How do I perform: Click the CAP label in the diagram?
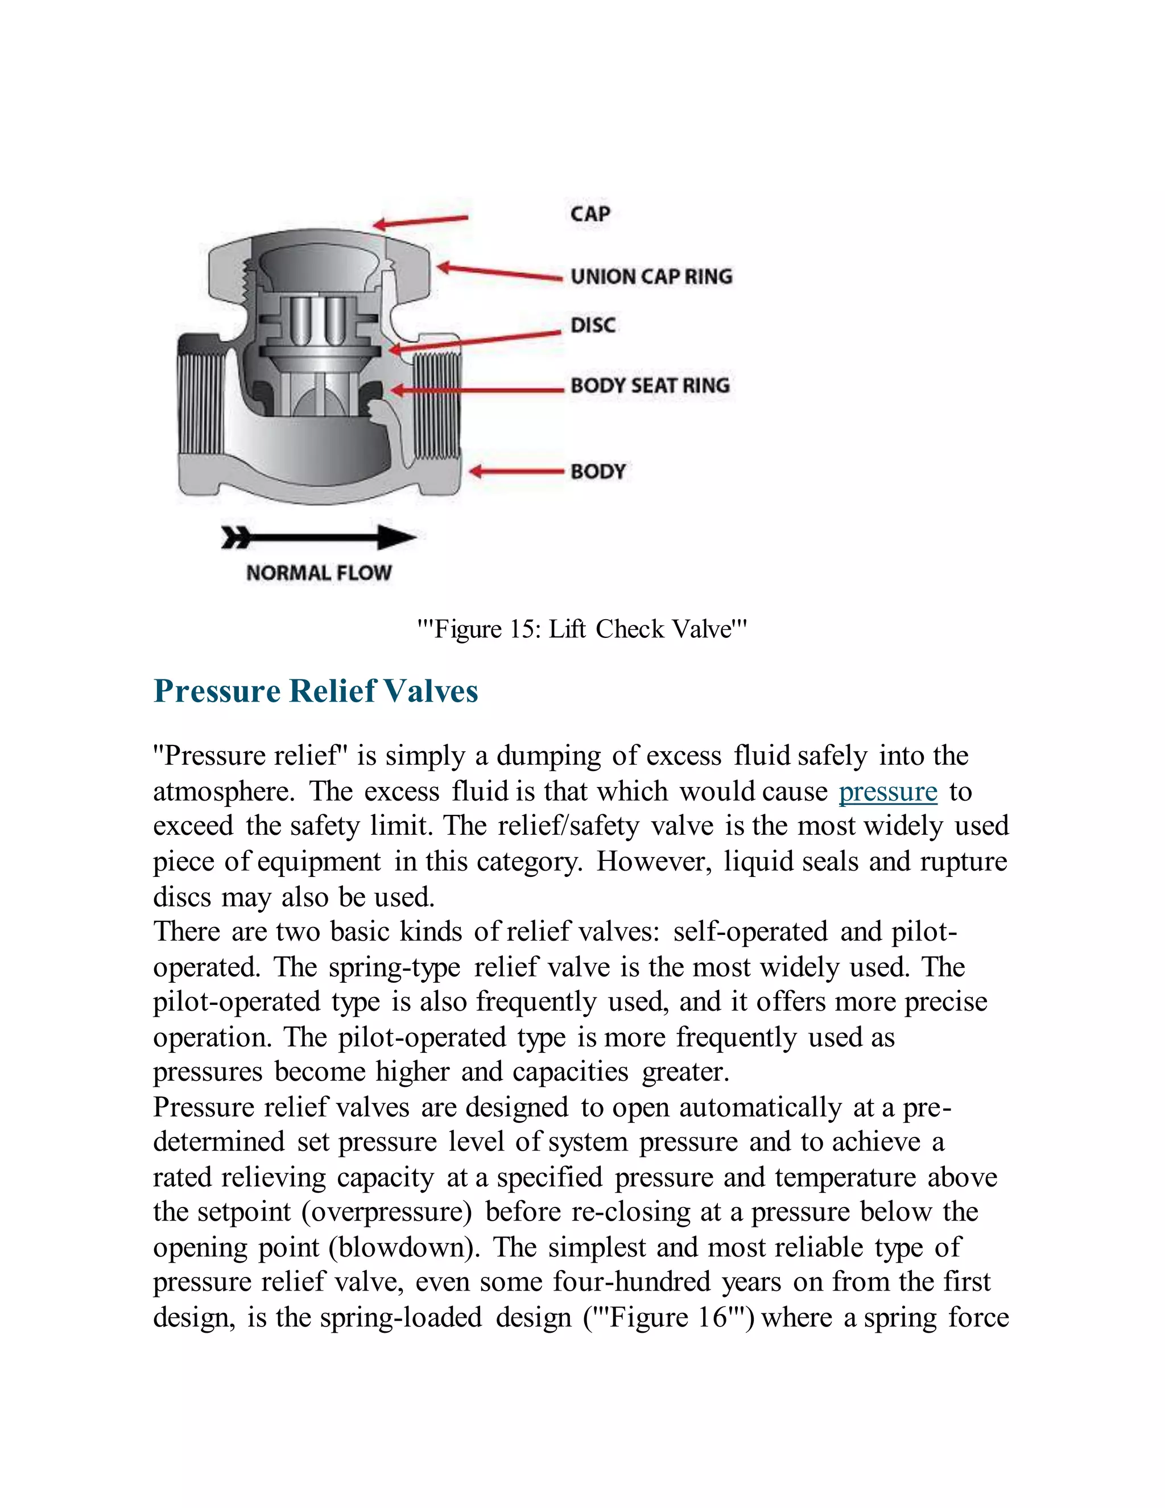(590, 213)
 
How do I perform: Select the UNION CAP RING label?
(651, 277)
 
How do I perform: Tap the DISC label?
(593, 325)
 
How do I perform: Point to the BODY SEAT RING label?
(650, 385)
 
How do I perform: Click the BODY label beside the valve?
(598, 472)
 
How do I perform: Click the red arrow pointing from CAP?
(420, 221)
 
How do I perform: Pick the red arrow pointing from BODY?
(517, 472)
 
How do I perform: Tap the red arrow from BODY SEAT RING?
(476, 390)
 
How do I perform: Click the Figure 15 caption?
(582, 629)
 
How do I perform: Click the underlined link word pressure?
(887, 792)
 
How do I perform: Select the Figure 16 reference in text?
(669, 1317)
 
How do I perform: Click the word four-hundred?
(631, 1282)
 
